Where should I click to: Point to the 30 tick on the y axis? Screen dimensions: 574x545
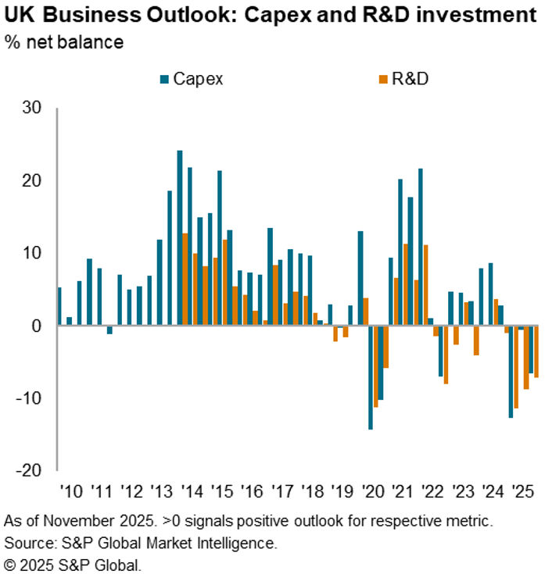pyautogui.click(x=32, y=108)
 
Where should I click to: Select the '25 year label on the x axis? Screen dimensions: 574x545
pyautogui.click(x=519, y=492)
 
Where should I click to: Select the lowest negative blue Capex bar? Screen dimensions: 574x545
pyautogui.click(x=371, y=377)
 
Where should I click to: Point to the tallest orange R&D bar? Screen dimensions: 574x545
pyautogui.click(x=185, y=279)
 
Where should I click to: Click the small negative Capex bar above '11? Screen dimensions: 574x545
pyautogui.click(x=109, y=330)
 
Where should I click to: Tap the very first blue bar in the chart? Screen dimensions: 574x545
pyautogui.click(x=59, y=306)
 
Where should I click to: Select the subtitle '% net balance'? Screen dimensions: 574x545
pyautogui.click(x=63, y=42)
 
